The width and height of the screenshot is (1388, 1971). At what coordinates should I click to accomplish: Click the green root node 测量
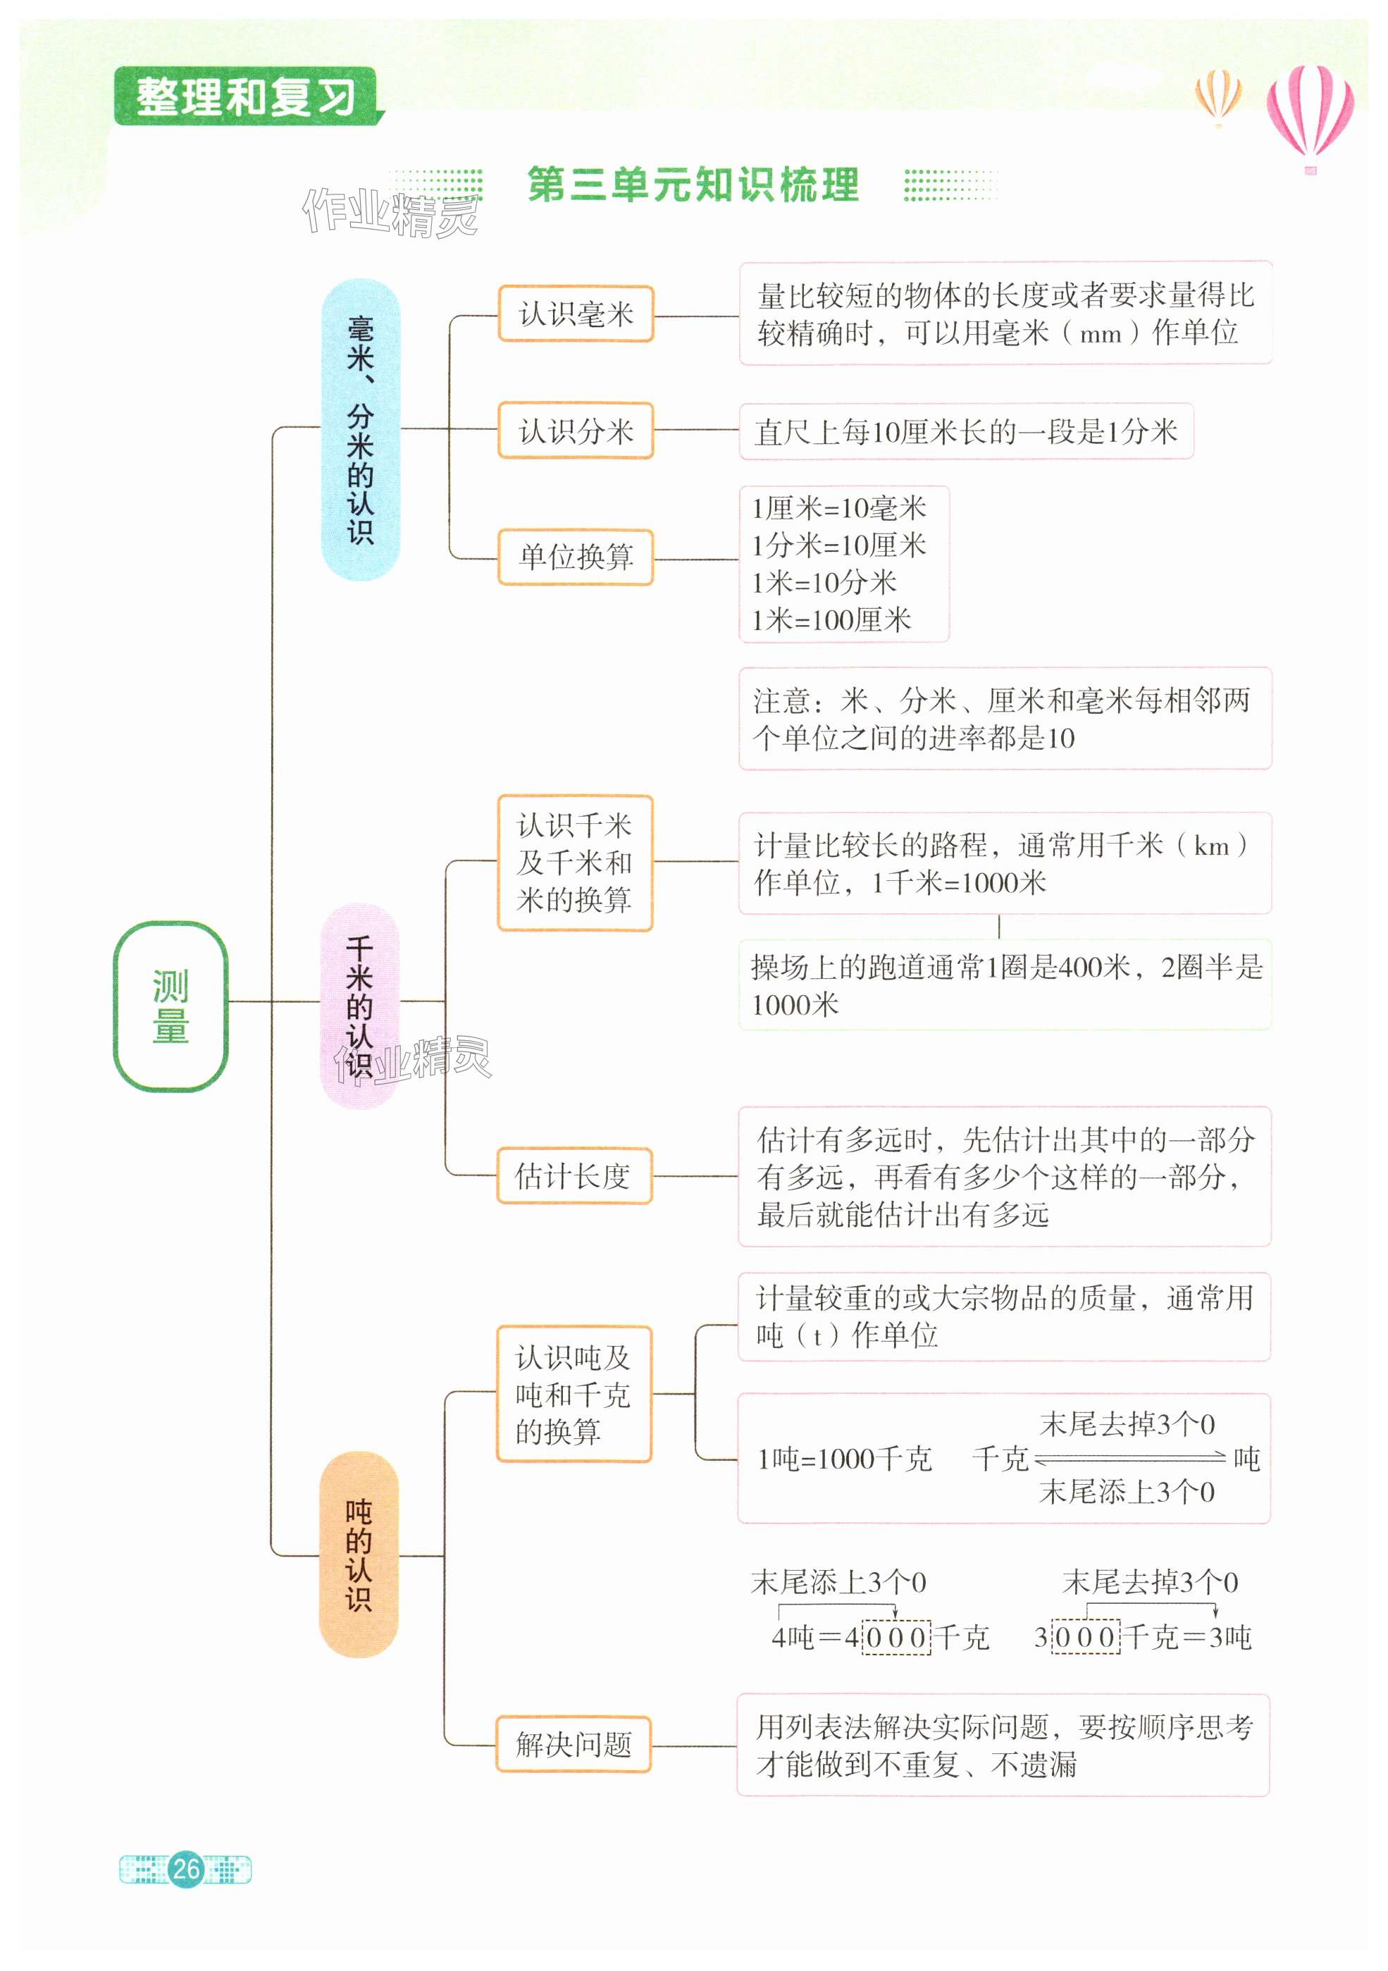coord(170,1006)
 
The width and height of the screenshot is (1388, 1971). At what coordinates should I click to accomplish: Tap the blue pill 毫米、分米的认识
coord(361,429)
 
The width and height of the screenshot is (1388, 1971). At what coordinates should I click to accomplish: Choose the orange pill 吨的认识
coord(359,1555)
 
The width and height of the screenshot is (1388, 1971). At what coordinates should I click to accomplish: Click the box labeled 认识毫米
coord(575,314)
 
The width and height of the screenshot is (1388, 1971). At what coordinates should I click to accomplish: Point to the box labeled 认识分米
coord(575,430)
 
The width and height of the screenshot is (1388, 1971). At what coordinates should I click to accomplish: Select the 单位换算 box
coord(575,557)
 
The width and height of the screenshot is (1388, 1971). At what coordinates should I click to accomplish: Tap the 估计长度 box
coord(574,1175)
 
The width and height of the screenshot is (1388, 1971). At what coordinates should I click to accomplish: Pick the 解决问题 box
coord(574,1743)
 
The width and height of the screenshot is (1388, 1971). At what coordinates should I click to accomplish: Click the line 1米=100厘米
coord(831,620)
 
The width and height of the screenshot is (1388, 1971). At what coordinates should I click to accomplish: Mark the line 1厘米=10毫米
coord(838,508)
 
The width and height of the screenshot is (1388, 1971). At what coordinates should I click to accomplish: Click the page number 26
coord(186,1869)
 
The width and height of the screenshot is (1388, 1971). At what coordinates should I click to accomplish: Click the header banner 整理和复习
coord(247,96)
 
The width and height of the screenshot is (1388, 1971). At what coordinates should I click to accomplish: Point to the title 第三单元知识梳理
coord(693,185)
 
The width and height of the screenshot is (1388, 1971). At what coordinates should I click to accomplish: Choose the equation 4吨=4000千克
coord(879,1637)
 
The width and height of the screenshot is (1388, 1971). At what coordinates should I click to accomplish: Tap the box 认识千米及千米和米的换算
coord(574,863)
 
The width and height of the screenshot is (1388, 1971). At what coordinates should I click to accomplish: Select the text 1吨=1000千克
coord(844,1459)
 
